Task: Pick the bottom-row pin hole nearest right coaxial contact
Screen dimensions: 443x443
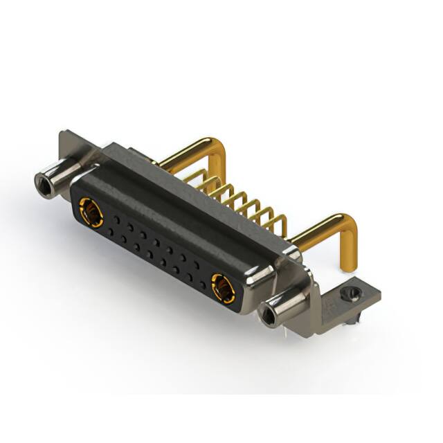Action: [x=202, y=285]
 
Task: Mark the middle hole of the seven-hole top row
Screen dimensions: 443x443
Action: [x=156, y=242]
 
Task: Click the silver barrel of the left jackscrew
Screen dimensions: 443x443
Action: [x=62, y=173]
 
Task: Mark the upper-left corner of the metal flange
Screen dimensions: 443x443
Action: [x=64, y=134]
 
